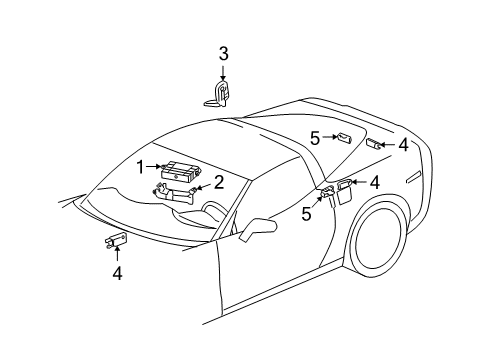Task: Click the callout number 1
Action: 141,167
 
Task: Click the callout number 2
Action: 218,181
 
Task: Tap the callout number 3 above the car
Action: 224,53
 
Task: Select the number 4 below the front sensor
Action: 116,271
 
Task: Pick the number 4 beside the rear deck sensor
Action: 402,145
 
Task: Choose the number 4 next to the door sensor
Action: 373,182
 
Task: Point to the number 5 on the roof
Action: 314,138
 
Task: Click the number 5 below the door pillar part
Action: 307,213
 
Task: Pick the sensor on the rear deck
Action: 373,145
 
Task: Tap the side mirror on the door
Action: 257,229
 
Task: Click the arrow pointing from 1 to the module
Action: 154,167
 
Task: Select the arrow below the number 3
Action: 224,72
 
